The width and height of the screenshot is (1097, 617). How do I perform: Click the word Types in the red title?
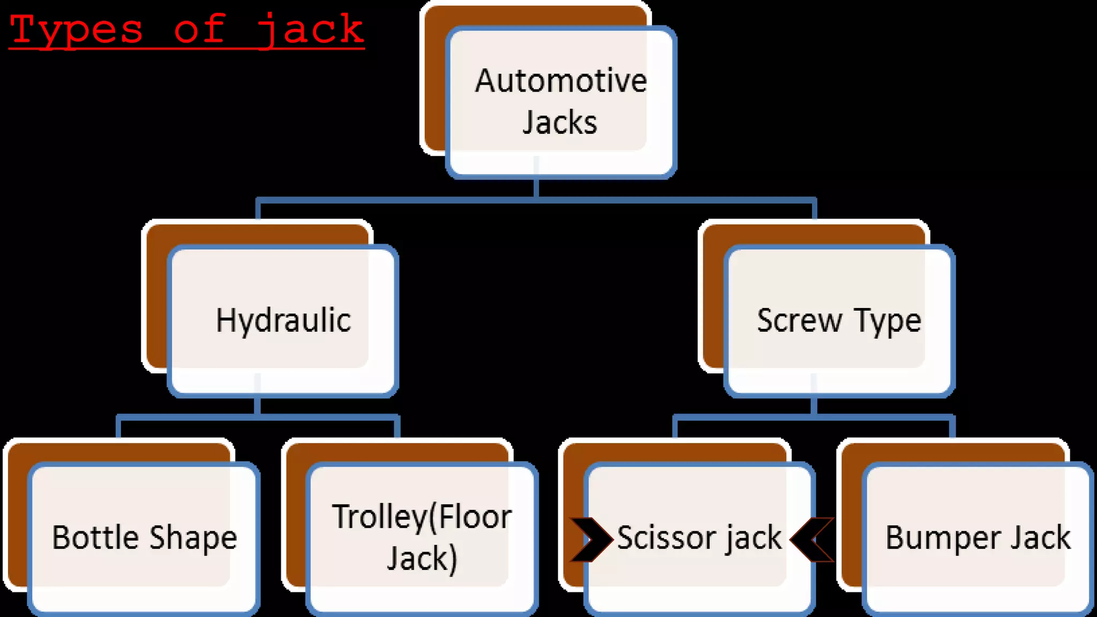pos(77,30)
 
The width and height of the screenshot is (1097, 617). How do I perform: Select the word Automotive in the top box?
pos(561,81)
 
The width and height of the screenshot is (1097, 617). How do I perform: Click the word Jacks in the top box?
pos(560,123)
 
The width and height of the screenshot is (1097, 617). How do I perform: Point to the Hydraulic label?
pos(283,320)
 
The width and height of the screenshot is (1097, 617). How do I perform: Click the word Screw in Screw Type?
pos(799,320)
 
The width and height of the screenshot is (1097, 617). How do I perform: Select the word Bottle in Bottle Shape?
pos(95,537)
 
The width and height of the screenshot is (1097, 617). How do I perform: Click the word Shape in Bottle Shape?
pos(193,538)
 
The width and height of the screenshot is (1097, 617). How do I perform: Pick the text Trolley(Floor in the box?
pos(422,517)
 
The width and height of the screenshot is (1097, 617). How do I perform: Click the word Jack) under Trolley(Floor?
pos(422,559)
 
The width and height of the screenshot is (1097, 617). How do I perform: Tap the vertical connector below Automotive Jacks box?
pos(536,189)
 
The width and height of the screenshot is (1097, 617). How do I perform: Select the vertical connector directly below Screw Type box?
pos(814,405)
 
